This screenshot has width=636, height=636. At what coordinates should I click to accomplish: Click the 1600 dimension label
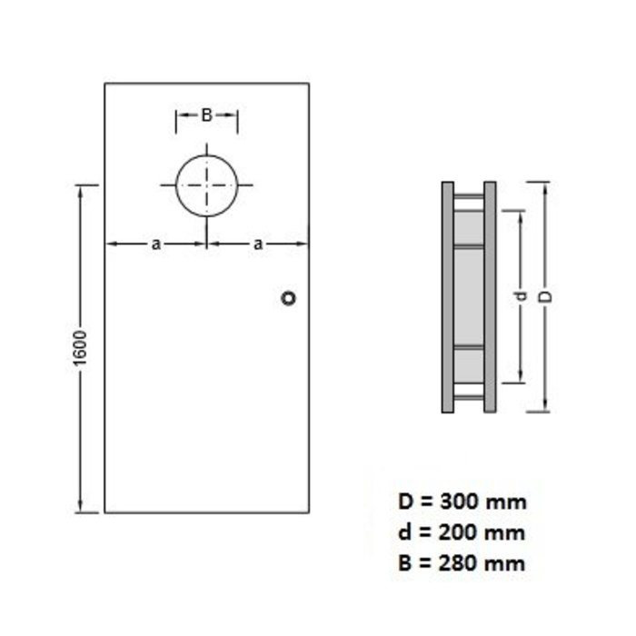(80, 349)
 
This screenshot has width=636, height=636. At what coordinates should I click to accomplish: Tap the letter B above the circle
(206, 115)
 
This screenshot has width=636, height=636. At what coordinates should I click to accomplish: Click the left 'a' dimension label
(155, 243)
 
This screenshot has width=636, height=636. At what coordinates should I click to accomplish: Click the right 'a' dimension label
(258, 243)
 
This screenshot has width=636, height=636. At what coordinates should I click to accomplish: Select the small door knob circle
(289, 298)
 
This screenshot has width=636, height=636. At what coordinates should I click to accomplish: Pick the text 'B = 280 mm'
(462, 562)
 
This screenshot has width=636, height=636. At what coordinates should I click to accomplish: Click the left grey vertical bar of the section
(448, 297)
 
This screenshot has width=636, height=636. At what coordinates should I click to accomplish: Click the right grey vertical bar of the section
(490, 297)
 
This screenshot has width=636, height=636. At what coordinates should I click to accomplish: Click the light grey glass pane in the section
(469, 296)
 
